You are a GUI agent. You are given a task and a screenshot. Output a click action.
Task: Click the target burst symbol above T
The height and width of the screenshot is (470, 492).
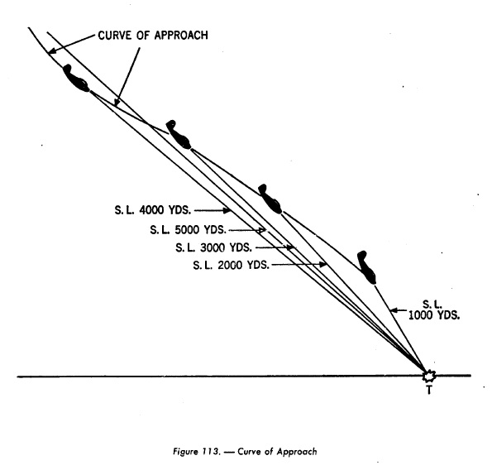click(429, 376)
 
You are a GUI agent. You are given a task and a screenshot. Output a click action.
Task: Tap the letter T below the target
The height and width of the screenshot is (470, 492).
click(429, 390)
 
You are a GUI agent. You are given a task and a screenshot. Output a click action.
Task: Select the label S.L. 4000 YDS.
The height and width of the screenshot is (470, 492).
click(153, 210)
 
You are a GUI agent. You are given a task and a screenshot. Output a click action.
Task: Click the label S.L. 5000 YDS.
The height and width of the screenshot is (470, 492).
click(188, 230)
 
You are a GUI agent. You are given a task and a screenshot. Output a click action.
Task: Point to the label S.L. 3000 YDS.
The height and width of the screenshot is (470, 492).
click(213, 247)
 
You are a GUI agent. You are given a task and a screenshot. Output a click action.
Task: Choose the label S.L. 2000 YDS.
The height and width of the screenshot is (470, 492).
click(232, 266)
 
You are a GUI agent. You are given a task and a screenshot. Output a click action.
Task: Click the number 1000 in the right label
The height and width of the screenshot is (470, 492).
click(419, 315)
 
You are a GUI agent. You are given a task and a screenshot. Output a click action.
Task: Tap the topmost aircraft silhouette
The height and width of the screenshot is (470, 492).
click(75, 79)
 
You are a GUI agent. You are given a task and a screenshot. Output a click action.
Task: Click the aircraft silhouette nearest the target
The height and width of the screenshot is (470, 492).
click(367, 267)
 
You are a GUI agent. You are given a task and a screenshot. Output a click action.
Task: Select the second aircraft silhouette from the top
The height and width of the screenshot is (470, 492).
click(179, 135)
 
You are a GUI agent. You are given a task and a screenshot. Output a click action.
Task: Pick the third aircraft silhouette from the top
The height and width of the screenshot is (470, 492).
click(270, 199)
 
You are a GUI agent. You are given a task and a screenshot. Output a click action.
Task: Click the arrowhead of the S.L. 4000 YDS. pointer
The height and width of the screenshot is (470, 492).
click(227, 210)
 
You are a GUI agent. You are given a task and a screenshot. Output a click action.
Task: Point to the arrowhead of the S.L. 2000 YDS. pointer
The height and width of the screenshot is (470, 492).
click(322, 265)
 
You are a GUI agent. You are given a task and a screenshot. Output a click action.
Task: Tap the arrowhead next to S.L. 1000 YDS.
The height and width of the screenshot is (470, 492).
click(394, 310)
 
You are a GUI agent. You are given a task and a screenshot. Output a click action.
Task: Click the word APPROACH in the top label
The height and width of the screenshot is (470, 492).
click(181, 35)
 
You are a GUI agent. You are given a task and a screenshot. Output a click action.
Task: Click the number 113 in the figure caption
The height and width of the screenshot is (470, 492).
click(211, 452)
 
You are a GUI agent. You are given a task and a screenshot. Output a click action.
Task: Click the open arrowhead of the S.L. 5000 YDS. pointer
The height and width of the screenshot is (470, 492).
click(261, 230)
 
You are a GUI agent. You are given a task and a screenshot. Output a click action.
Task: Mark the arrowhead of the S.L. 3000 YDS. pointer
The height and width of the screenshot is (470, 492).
click(290, 247)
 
